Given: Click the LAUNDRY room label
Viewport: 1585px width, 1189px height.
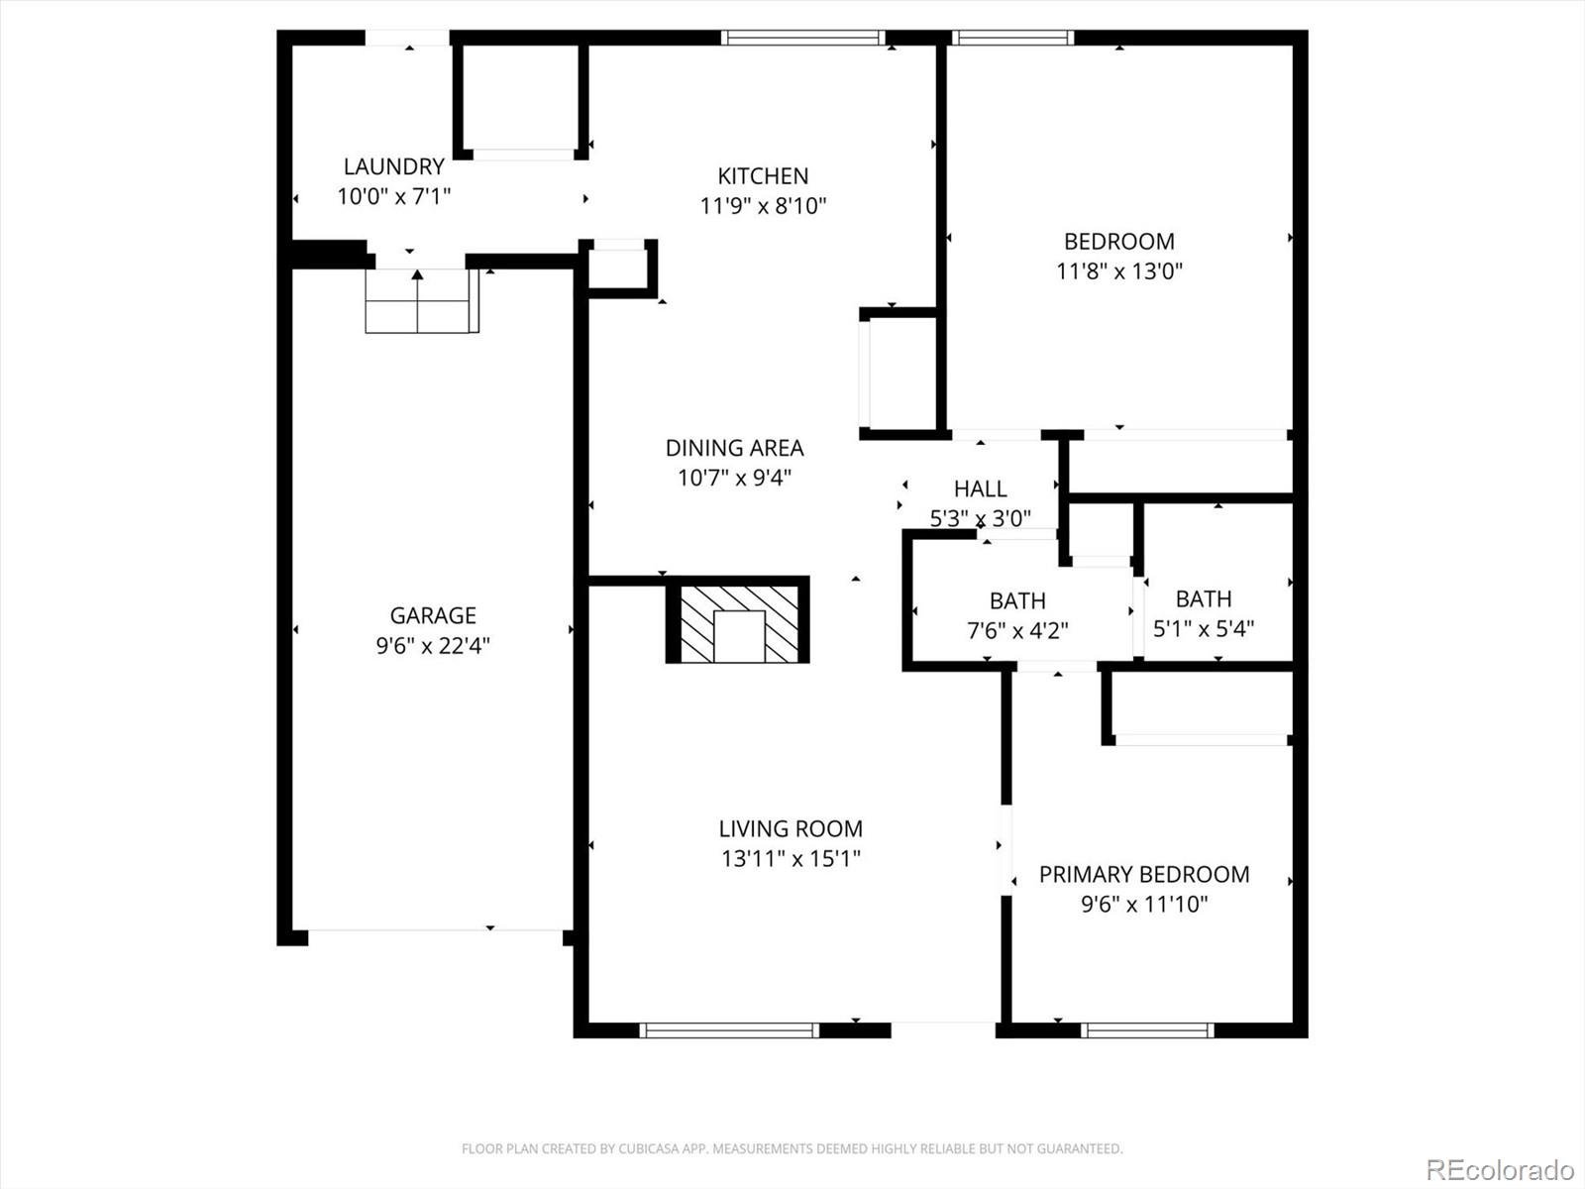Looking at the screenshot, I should (x=393, y=166).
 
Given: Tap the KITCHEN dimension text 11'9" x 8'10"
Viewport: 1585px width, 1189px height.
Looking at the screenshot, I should (x=763, y=206).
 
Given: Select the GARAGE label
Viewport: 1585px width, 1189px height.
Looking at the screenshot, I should (x=433, y=615).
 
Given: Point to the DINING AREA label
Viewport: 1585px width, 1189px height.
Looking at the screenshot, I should (x=734, y=448).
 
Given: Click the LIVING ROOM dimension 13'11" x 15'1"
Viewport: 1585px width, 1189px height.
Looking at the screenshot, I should (x=791, y=858).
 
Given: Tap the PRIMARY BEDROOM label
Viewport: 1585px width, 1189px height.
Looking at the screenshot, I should (x=1144, y=874).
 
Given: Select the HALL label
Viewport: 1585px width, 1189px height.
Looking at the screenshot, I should (x=980, y=488).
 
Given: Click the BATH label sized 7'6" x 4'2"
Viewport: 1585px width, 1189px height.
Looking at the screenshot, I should (x=1017, y=600).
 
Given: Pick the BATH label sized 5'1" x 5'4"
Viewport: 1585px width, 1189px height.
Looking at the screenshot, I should (x=1204, y=598).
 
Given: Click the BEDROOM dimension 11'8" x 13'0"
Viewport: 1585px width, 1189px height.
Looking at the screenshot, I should (x=1119, y=270).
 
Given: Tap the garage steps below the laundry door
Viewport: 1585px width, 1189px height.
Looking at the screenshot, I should (x=422, y=301).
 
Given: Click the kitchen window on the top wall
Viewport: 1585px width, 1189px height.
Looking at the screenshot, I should (x=802, y=38).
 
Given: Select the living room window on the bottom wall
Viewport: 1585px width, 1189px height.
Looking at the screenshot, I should (x=730, y=1030).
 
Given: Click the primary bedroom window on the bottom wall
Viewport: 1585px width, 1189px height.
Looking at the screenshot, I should (x=1147, y=1030).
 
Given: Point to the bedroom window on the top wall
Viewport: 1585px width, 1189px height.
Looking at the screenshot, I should (x=1012, y=38).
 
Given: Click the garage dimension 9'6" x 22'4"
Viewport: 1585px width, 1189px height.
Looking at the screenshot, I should (x=433, y=646).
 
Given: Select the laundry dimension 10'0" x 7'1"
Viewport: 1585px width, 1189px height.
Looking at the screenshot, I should (x=393, y=196).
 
